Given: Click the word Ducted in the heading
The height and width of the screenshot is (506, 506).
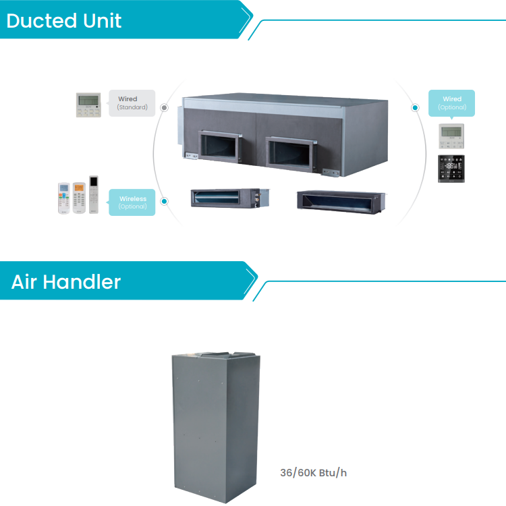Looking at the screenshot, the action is pos(42,21).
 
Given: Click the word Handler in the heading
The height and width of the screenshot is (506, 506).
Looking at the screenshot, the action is pos(82,282).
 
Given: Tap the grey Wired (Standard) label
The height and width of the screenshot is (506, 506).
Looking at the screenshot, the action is pos(132,103).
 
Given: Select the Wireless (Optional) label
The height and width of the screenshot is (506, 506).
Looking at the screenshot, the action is pos(132,202).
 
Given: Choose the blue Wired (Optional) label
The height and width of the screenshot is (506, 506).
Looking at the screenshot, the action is pos(451,103).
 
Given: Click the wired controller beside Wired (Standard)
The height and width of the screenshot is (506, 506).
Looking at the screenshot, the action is pos(88,105).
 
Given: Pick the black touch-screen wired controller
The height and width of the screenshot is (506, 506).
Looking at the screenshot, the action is pos(451,169).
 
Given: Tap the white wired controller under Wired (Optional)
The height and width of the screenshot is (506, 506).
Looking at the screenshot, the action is pos(451,136).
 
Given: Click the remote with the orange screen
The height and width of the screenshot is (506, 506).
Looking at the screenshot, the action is pos(79,198).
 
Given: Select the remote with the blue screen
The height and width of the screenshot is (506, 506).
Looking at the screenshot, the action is pos(64,198).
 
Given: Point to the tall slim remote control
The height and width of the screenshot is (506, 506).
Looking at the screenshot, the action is pos(94,194).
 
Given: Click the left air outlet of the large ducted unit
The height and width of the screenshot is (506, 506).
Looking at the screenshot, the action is pos(220,146).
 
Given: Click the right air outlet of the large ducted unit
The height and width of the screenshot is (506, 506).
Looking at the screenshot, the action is pos(290,154).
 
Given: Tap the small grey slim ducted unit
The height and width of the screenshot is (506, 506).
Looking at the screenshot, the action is pos(230,198).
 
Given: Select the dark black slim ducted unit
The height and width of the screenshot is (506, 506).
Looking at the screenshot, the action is pos(341,202).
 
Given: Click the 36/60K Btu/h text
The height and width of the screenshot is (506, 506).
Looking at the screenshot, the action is pos(313,473).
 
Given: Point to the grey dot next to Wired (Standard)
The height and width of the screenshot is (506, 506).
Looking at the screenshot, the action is pos(164,107).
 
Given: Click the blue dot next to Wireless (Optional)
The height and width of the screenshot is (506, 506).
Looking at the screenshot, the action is pos(164,201).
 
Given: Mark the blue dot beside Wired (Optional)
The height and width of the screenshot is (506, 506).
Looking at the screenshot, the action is pos(416,107).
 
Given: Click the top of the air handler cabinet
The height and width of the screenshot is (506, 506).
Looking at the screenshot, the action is pos(216,354).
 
